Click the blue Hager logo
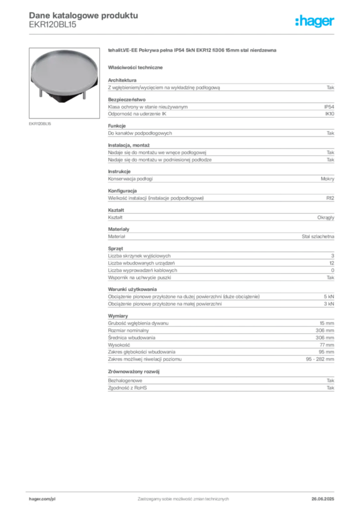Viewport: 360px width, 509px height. point(316,21)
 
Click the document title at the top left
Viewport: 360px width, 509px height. point(82,15)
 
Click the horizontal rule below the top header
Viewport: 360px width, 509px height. point(183,33)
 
